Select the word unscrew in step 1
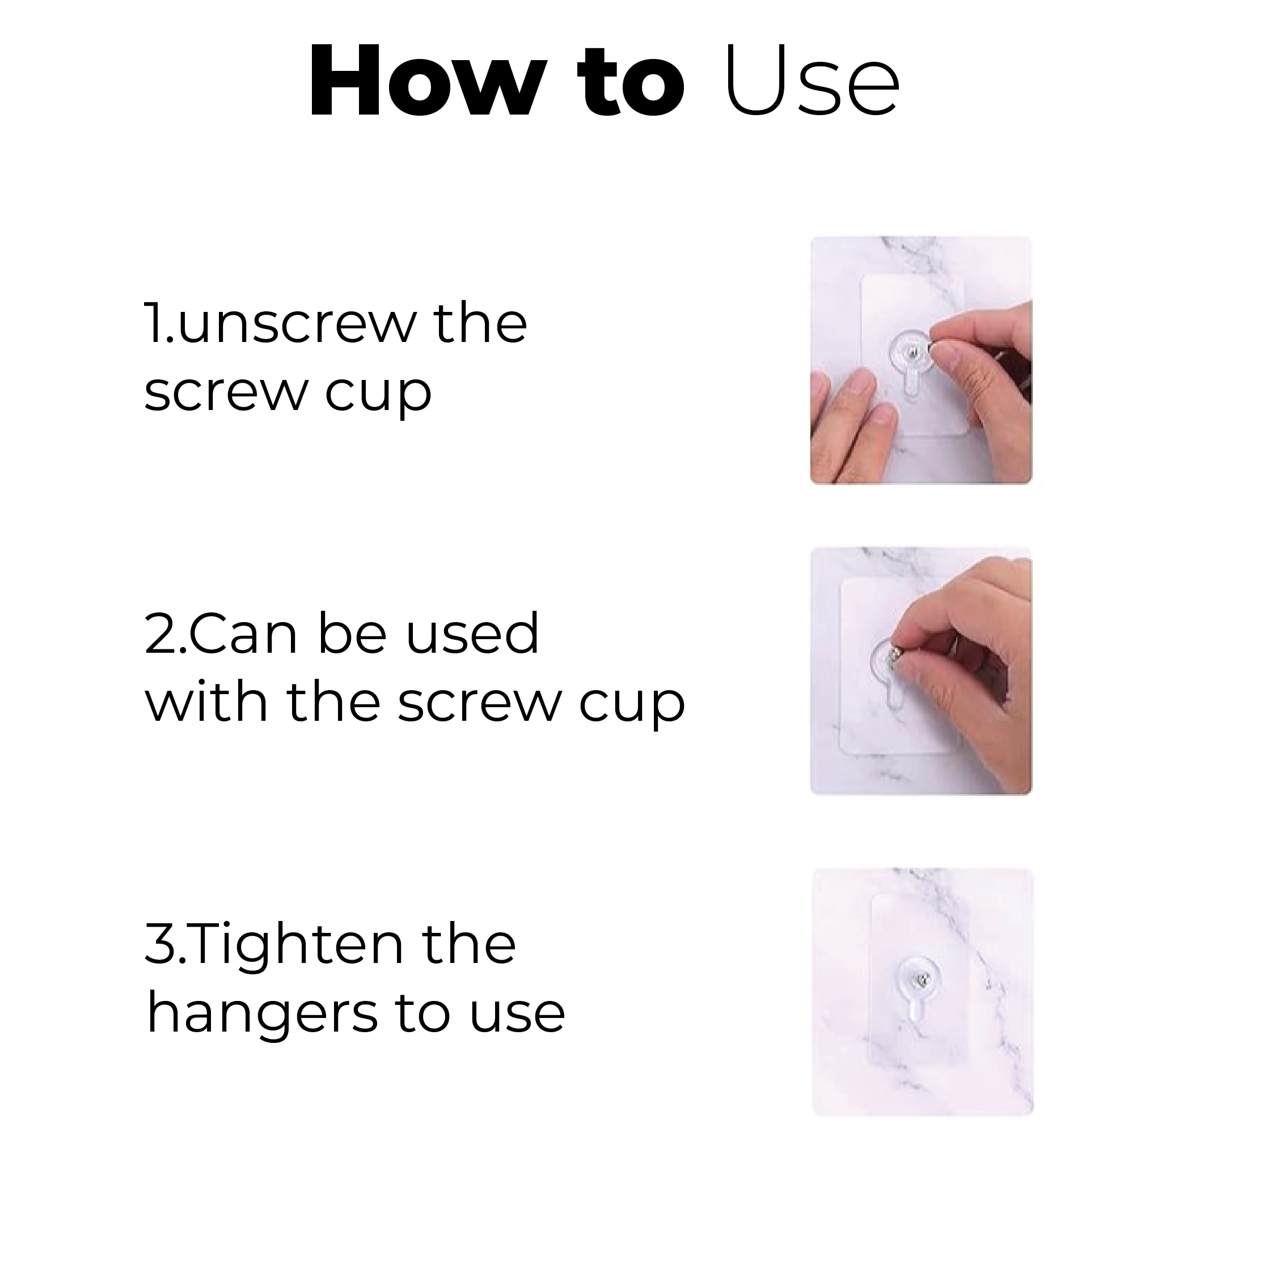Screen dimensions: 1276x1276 pos(296,324)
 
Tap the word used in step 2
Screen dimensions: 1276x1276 pos(472,633)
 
